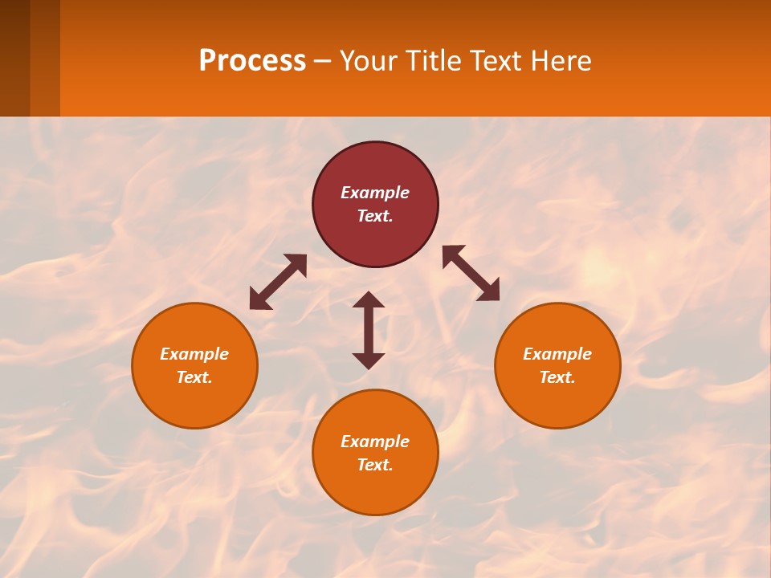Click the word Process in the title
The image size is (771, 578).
click(252, 61)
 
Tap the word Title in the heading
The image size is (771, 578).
click(437, 61)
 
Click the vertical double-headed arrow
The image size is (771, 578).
click(369, 330)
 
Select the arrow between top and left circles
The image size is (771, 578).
click(278, 282)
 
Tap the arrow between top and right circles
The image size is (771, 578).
click(471, 273)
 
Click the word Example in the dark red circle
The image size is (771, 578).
click(375, 193)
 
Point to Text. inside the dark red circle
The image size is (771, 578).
click(375, 216)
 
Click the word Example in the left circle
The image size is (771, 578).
click(194, 354)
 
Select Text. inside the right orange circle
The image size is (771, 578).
click(557, 377)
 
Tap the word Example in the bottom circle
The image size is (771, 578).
click(375, 442)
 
